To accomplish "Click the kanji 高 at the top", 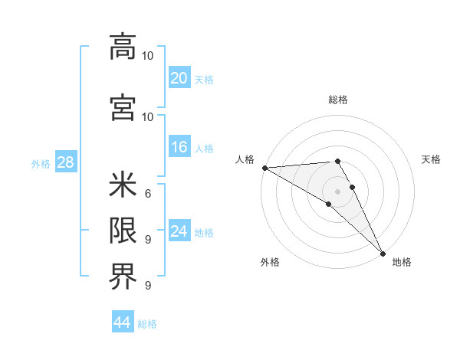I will pos(123,47).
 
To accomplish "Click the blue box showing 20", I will pos(179,78).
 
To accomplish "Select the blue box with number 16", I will pos(179,147).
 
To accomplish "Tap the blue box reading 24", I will pos(179,231).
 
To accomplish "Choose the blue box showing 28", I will pos(65,162).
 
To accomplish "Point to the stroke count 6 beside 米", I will pos(147,193).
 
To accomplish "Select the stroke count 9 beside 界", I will pos(147,285).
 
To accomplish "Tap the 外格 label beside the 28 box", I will pos(41,163).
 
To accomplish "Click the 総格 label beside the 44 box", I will pos(147,324).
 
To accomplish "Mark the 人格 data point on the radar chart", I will pos(264,168).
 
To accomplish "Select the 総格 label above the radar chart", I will pos(337,100).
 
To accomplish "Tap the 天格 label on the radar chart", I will pos(431,159).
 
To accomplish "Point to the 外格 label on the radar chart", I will pos(270,262).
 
